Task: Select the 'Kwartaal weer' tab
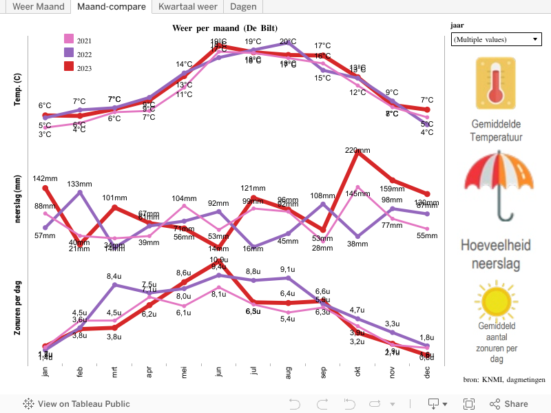pos(187,7)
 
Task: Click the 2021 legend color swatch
pos(69,39)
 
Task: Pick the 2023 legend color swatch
pos(69,67)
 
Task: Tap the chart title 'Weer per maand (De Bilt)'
pos(225,28)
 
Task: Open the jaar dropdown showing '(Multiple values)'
pos(496,40)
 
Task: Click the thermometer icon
pos(496,84)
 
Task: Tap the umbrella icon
pos(499,186)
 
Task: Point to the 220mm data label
pos(357,151)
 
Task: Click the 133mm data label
pos(80,184)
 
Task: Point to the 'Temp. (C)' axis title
pos(18,89)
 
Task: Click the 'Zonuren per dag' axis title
pos(18,313)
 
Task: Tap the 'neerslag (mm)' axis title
pos(18,199)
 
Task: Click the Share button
pos(509,404)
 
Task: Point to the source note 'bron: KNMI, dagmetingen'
pos(504,379)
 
